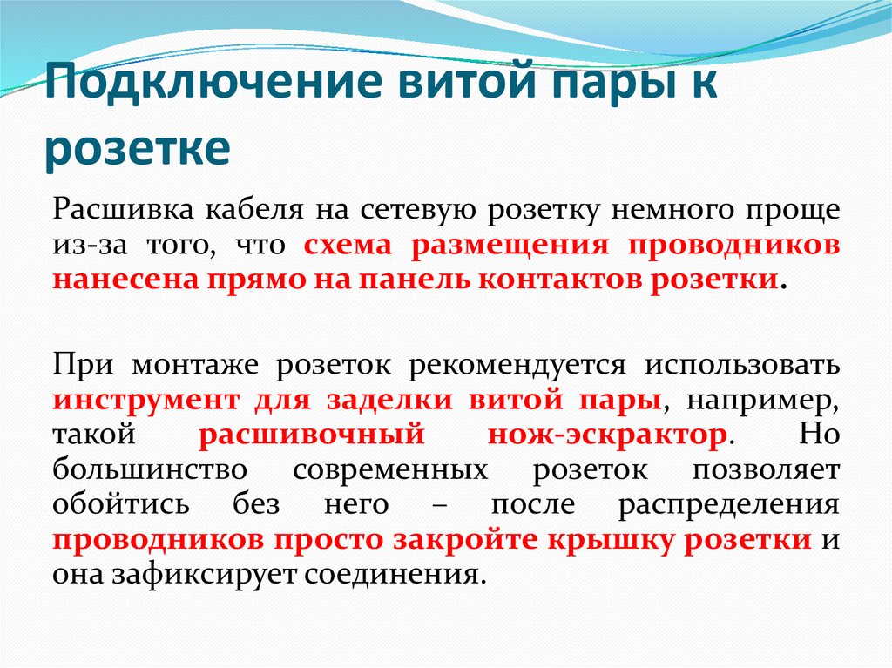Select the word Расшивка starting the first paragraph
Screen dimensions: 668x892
tap(120, 211)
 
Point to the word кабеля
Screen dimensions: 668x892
tap(253, 211)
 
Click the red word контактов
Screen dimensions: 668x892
tap(559, 280)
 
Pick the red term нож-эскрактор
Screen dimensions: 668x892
tap(605, 435)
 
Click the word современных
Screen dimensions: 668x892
tap(389, 470)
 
